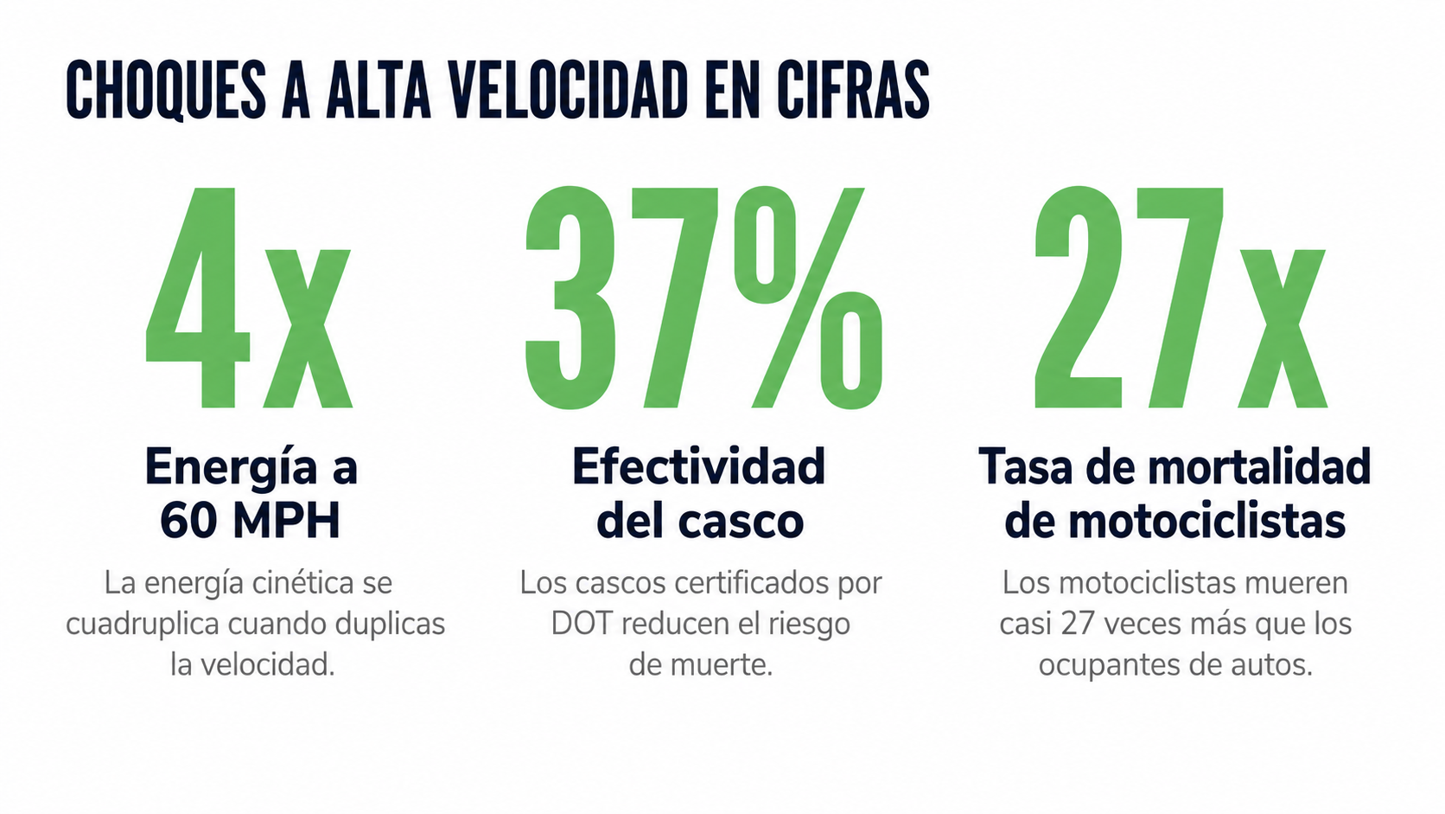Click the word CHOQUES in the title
click(x=166, y=90)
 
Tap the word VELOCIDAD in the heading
click(x=569, y=90)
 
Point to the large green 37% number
click(x=703, y=298)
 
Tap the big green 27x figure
click(x=1181, y=298)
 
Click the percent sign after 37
click(x=808, y=298)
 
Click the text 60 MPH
click(x=250, y=521)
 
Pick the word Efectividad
click(x=698, y=465)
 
